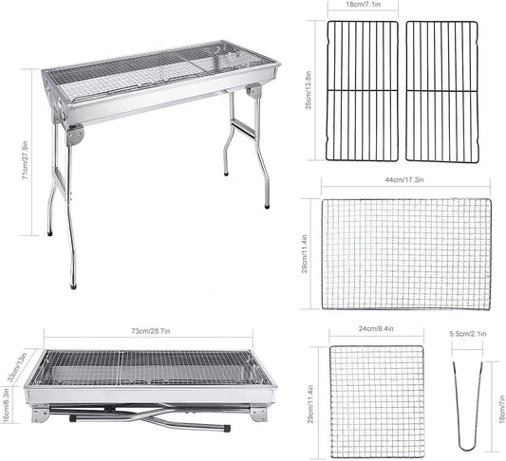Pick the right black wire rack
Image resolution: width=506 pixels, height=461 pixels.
(441, 91)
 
